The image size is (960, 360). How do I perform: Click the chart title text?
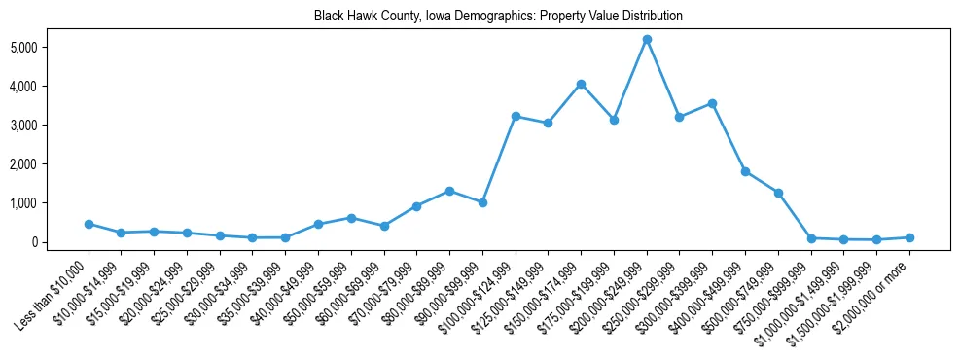(498, 17)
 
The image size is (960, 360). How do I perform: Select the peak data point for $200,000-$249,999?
(647, 39)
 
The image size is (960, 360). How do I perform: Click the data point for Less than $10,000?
(89, 224)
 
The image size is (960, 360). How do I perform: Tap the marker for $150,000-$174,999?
(581, 84)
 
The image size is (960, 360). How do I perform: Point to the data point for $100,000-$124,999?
(516, 116)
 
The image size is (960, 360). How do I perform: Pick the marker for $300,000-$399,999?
(712, 103)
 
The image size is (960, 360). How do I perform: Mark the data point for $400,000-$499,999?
(745, 171)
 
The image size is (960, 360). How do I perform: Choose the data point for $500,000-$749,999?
(778, 193)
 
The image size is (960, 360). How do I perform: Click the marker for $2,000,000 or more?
(909, 237)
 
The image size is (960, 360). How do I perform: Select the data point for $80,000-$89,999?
(449, 191)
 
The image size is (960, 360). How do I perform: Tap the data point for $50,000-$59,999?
(351, 218)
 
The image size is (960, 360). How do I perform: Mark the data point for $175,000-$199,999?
(614, 120)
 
